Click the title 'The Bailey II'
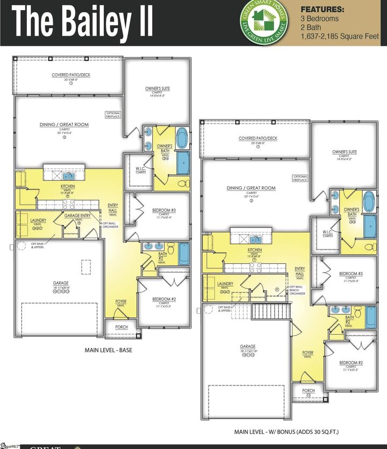83,22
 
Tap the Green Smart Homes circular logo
263,22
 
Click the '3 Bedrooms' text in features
320,18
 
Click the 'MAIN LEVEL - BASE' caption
109,350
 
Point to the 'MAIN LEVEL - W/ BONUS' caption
286,432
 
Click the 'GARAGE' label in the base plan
60,283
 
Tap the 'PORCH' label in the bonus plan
308,391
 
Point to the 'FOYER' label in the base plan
121,301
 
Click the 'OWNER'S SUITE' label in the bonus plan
345,152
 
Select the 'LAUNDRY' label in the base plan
38,220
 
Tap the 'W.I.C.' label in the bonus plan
328,233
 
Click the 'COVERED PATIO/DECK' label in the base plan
71,75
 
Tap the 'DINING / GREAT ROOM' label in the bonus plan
251,188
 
